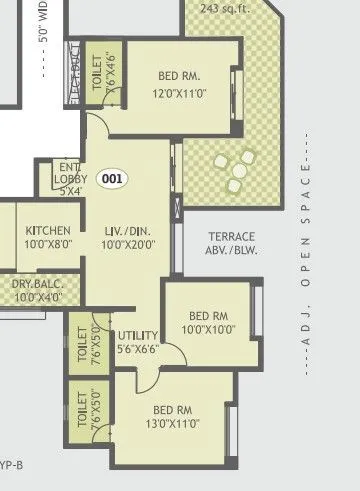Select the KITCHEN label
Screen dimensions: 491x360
click(x=47, y=230)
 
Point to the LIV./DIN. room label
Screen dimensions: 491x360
click(x=127, y=230)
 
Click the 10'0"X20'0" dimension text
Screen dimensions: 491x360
click(x=127, y=245)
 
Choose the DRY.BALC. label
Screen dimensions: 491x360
click(x=38, y=284)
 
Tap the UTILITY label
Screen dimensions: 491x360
click(x=137, y=336)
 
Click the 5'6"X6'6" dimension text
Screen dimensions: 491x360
click(x=137, y=351)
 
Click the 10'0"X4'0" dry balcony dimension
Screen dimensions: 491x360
click(x=38, y=297)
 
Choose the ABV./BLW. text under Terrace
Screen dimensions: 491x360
click(x=232, y=251)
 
